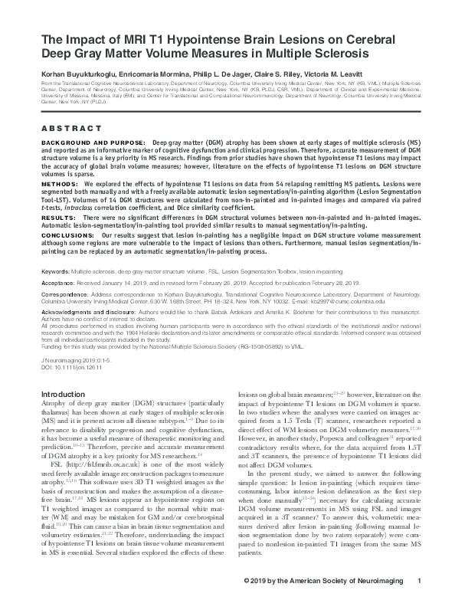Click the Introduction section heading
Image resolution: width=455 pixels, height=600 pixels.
[63, 393]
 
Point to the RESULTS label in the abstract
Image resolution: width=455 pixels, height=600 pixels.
[57, 219]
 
